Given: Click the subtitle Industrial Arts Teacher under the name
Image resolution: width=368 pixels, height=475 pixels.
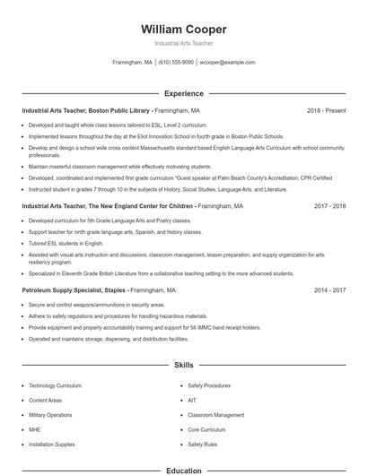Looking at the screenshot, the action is [x=183, y=43].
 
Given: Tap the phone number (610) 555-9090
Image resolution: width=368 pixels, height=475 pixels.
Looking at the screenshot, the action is [x=176, y=63].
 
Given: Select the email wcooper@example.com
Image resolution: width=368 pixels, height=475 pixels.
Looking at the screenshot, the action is [x=227, y=63].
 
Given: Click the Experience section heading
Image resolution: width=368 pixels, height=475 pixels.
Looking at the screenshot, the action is [x=183, y=93].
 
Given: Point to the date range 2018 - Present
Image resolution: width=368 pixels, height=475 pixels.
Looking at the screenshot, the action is [x=326, y=110].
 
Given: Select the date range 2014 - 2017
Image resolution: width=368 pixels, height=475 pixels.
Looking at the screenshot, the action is [x=329, y=290].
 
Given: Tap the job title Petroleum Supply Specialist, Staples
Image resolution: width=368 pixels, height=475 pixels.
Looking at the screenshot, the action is [x=75, y=290].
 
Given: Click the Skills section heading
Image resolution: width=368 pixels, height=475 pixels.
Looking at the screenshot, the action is [x=183, y=366].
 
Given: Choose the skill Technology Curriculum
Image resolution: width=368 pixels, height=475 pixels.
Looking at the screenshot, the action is [x=55, y=385].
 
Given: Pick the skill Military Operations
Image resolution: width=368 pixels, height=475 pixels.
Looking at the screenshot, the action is [x=50, y=415].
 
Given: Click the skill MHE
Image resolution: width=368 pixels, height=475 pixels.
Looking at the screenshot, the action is [x=34, y=429].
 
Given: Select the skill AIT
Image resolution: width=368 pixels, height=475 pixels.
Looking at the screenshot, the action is [x=192, y=400].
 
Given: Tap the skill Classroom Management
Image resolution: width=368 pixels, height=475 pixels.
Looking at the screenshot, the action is [x=215, y=415].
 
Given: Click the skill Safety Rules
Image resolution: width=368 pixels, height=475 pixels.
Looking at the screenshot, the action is [x=202, y=445].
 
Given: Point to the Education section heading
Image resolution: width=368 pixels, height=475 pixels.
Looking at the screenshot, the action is [x=183, y=470].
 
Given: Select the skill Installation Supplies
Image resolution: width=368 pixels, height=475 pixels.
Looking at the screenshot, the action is [x=51, y=445].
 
